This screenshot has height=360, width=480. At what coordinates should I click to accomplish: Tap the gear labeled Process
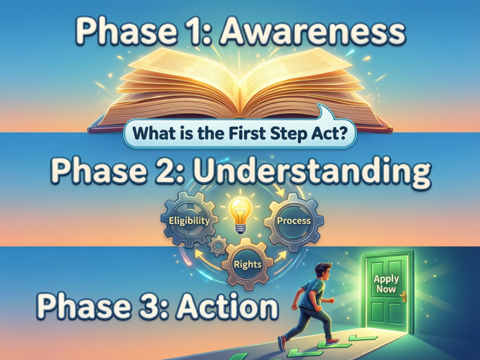point(293,221)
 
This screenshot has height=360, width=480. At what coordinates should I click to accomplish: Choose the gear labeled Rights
point(247,264)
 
